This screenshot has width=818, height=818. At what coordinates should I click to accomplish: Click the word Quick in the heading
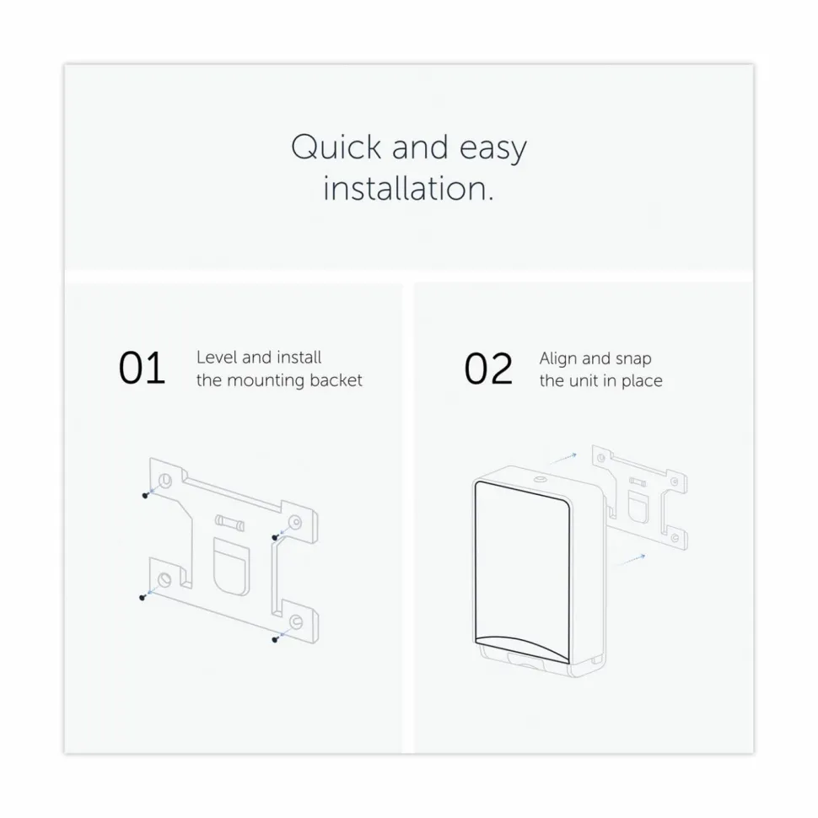click(x=336, y=148)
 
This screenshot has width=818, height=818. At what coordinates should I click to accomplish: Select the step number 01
click(x=142, y=369)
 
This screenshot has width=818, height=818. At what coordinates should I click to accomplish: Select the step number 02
click(x=488, y=369)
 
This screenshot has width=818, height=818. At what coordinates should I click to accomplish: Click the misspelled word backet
click(x=336, y=379)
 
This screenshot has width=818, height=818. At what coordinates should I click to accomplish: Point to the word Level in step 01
click(x=216, y=358)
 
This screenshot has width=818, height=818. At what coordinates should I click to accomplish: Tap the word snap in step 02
click(x=633, y=360)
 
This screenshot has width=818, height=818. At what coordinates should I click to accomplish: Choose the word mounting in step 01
click(x=266, y=381)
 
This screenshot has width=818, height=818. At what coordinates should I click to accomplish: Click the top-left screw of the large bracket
click(x=145, y=495)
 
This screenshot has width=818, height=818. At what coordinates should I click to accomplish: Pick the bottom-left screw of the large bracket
click(x=142, y=598)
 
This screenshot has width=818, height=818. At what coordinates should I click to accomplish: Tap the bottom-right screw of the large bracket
click(x=275, y=639)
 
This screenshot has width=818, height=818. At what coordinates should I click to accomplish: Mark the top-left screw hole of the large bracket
click(x=164, y=480)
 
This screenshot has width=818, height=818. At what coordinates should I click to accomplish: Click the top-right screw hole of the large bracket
click(x=295, y=522)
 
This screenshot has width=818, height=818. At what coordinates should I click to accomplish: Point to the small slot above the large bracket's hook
click(x=229, y=522)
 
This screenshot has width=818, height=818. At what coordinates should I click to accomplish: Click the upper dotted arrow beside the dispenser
click(x=563, y=458)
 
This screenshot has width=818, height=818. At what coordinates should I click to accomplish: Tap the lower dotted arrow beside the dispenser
click(x=632, y=560)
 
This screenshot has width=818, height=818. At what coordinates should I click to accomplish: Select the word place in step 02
click(x=642, y=381)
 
